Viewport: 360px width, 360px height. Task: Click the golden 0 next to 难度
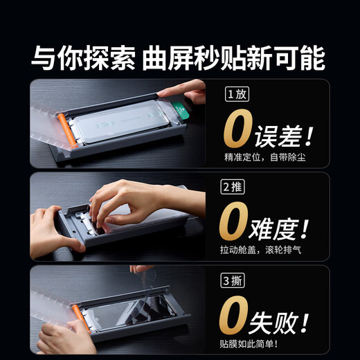[x=235, y=222]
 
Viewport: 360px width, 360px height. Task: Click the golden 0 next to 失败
[x=235, y=315]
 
